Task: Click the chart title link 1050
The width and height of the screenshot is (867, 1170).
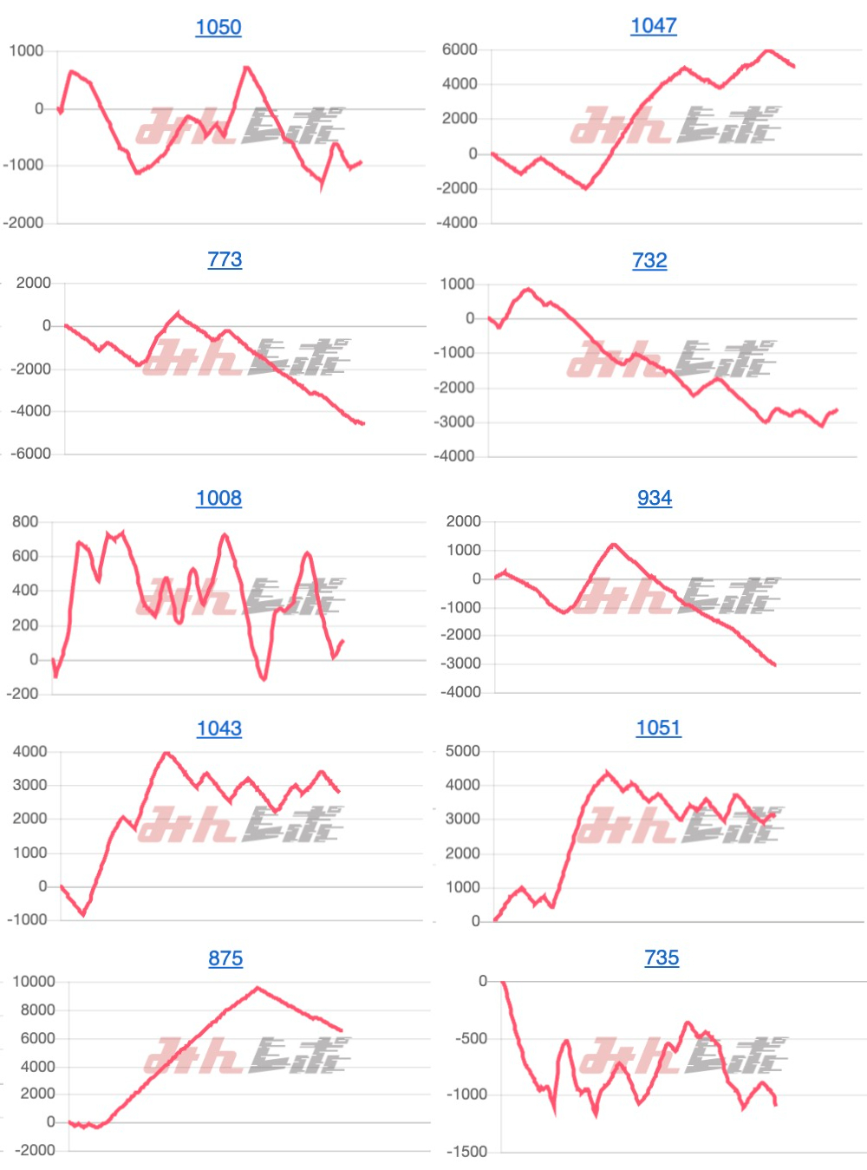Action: (218, 27)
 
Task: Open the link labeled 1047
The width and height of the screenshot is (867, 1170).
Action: (654, 26)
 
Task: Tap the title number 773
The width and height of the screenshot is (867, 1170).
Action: (225, 259)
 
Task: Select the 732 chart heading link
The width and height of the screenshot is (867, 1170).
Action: (649, 260)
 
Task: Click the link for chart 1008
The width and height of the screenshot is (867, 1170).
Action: (218, 498)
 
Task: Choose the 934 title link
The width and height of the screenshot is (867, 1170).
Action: (655, 498)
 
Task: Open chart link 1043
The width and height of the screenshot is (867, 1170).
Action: (218, 729)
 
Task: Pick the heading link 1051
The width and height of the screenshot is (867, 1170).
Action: (658, 728)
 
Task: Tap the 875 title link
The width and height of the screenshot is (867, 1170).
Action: (225, 958)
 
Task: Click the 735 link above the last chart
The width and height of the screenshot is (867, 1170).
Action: (662, 958)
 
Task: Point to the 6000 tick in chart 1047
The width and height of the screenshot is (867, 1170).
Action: (460, 49)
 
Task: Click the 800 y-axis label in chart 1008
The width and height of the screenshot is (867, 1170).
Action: (25, 521)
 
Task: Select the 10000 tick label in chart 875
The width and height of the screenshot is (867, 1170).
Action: (34, 981)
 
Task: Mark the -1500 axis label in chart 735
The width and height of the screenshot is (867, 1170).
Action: (467, 1152)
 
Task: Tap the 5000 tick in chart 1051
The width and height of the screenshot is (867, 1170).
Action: (462, 751)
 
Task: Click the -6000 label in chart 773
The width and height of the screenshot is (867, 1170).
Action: (31, 454)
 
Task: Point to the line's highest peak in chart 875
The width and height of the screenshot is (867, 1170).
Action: (257, 988)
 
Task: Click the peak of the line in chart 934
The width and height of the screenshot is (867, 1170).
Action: (613, 545)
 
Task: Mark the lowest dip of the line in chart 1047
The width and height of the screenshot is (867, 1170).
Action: (586, 187)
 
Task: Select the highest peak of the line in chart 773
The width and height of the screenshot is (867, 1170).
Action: (179, 313)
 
